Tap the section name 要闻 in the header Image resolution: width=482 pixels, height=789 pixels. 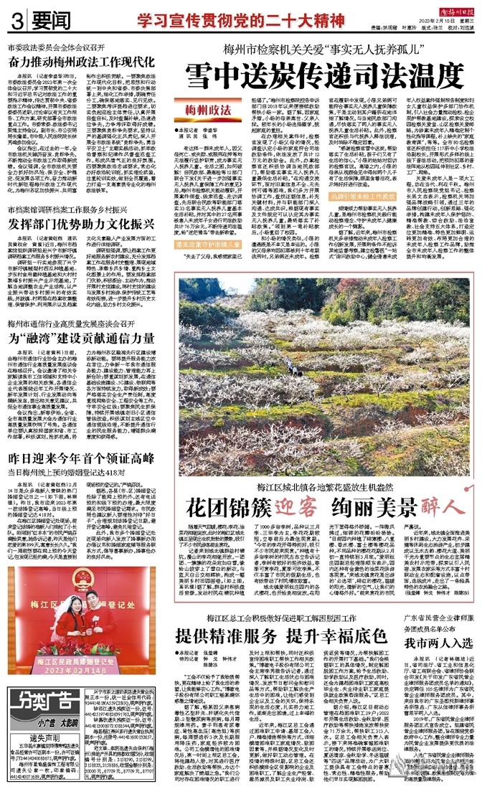pos(39,21)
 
